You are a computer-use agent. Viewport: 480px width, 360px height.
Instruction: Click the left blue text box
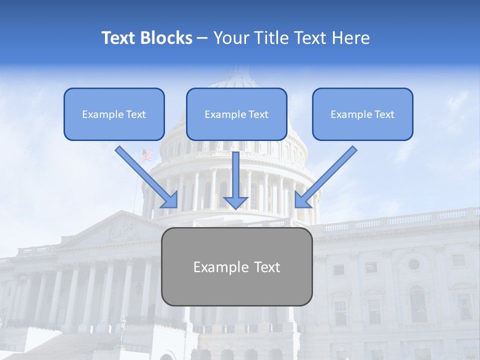click(x=114, y=114)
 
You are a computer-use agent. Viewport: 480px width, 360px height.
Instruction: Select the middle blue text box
click(x=236, y=114)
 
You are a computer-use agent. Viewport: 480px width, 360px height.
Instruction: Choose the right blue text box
click(x=362, y=114)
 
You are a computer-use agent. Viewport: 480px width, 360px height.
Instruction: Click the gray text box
click(x=236, y=267)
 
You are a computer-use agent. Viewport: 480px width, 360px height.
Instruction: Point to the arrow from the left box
click(x=147, y=177)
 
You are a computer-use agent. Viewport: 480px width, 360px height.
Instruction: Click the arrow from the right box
click(x=325, y=177)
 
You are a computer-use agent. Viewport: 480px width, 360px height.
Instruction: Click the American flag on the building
click(x=146, y=155)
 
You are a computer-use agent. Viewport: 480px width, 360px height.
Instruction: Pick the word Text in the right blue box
click(x=384, y=114)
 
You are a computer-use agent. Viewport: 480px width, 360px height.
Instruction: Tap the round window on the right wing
click(x=413, y=264)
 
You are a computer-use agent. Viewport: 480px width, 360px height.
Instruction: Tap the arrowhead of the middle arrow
click(x=235, y=202)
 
